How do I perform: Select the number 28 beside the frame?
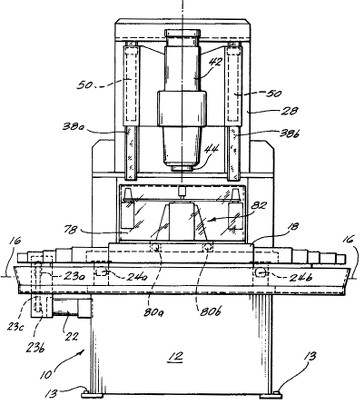click(x=289, y=110)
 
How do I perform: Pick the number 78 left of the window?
click(x=69, y=229)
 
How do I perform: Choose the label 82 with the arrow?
click(x=258, y=205)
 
